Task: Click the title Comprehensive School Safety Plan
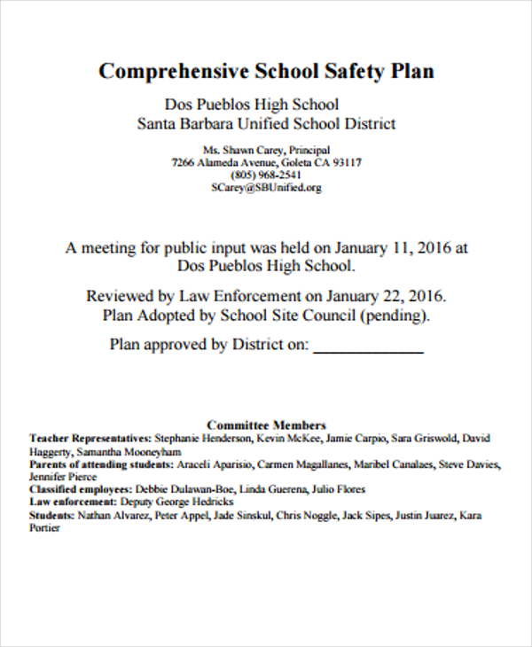point(266,71)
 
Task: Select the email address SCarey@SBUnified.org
point(266,188)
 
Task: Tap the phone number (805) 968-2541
point(266,175)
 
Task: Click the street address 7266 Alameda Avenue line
point(266,163)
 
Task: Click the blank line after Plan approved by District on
point(369,346)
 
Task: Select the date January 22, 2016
point(386,295)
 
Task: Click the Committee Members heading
point(266,425)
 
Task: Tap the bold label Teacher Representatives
point(90,438)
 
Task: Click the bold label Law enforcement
point(74,502)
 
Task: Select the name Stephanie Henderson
point(204,438)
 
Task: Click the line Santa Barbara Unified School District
point(266,124)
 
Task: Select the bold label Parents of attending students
point(100,464)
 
